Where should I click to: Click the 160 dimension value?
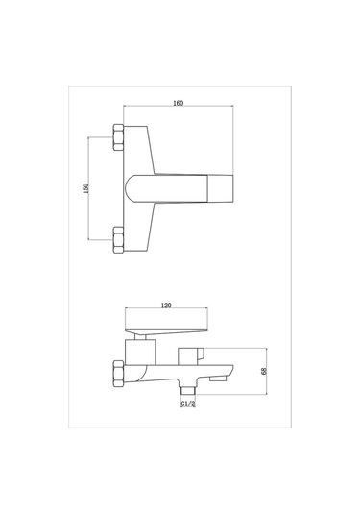click(178, 103)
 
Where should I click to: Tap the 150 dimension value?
click(85, 188)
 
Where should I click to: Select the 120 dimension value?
click(166, 306)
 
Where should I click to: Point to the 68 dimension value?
click(264, 371)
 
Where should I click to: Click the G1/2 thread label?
click(188, 404)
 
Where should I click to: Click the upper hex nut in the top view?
click(118, 137)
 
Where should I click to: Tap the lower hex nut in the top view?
click(118, 240)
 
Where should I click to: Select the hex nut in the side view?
click(118, 374)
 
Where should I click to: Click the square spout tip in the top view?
click(221, 188)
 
